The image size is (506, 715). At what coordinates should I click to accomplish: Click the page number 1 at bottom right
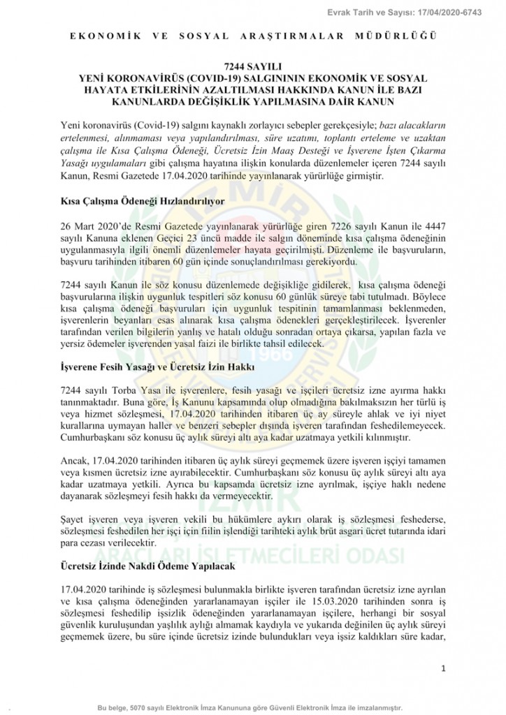pos(444,669)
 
